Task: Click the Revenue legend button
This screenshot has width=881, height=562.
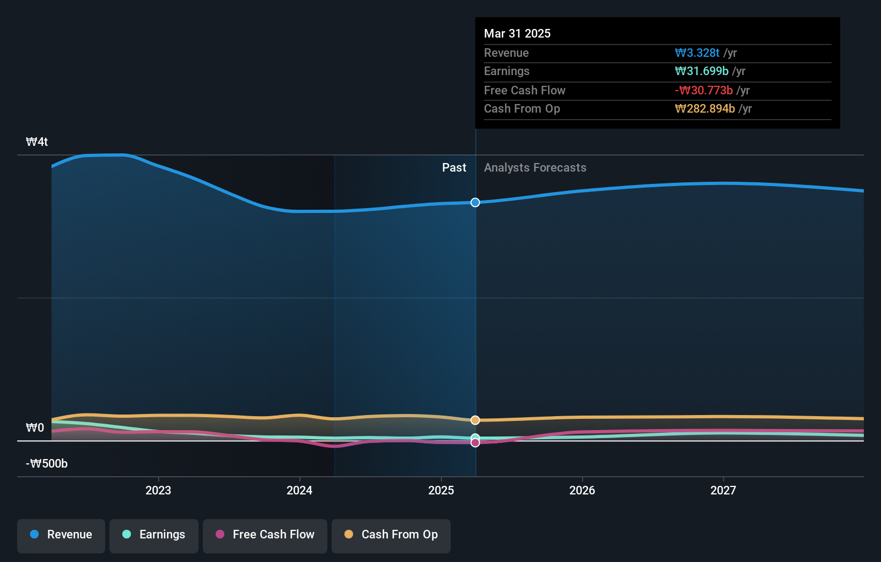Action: (61, 535)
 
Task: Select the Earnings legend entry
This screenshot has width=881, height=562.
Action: (154, 535)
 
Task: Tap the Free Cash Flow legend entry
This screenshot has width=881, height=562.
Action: (265, 535)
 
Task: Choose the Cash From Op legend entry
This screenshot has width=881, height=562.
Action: (391, 535)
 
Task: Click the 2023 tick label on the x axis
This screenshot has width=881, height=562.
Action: (158, 490)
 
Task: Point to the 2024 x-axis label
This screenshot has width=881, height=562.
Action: (299, 490)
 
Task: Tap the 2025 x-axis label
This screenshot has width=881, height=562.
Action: (441, 490)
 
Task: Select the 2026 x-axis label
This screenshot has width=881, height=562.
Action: (582, 490)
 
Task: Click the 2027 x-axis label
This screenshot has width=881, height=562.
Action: (723, 490)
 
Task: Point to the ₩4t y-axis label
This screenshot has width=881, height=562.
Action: (37, 142)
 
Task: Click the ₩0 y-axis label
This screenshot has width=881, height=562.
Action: (35, 428)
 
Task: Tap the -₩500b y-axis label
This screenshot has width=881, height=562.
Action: (47, 464)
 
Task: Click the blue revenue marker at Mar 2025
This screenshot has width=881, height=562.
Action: (475, 202)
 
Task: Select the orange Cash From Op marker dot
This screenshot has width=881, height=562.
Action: (475, 420)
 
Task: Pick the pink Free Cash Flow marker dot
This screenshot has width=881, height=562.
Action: (475, 442)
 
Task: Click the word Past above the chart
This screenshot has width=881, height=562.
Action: (454, 168)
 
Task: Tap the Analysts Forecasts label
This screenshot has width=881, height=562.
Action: (535, 168)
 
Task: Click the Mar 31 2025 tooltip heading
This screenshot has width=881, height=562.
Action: (517, 33)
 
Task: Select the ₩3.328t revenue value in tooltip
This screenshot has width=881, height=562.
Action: (697, 53)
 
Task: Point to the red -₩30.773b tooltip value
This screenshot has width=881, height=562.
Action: (703, 91)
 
